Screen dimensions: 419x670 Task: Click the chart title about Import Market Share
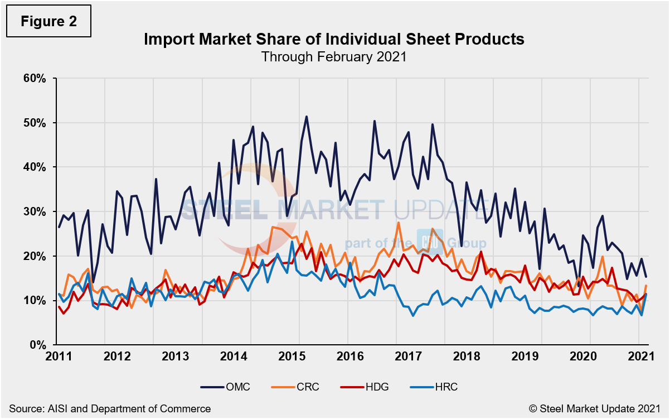[x=334, y=40]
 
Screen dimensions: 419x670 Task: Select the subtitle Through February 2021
[x=334, y=56]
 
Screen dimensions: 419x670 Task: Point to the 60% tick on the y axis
[x=36, y=78]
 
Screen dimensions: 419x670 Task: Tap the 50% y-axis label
[x=36, y=123]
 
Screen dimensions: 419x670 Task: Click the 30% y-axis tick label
[x=36, y=211]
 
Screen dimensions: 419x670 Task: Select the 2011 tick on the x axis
[x=58, y=357]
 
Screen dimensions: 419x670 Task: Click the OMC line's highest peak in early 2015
[x=307, y=117]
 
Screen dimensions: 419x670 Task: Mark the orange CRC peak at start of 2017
[x=399, y=223]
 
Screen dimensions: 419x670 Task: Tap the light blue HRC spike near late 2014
[x=292, y=242]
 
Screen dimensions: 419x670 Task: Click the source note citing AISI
[x=110, y=408]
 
